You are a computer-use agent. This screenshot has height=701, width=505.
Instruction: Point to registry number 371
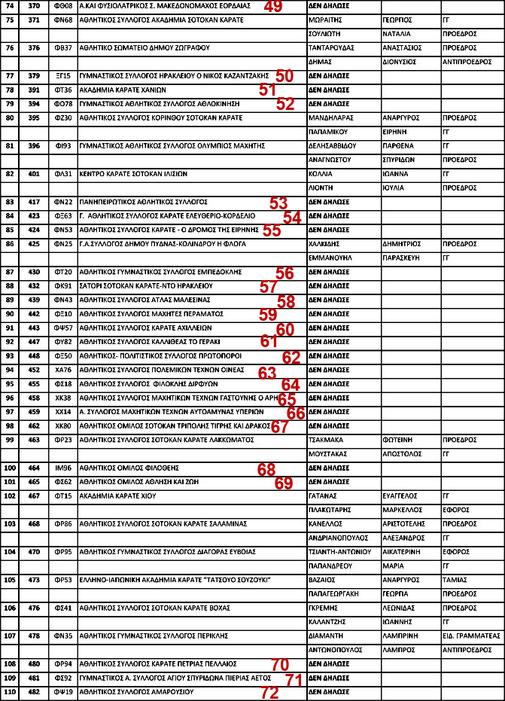pos(34,19)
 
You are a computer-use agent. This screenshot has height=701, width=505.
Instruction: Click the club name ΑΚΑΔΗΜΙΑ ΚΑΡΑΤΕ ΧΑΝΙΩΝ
pos(111,90)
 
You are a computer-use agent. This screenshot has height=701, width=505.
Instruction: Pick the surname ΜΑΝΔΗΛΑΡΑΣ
pos(331,118)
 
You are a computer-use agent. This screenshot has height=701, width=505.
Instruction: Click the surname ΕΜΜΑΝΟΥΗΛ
pos(330,258)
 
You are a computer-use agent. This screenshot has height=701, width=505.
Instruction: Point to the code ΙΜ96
pos(63,468)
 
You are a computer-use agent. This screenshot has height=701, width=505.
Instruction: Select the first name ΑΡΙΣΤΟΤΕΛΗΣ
pos(405,523)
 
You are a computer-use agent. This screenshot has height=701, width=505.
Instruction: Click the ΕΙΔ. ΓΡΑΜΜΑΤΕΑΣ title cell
pos(472,635)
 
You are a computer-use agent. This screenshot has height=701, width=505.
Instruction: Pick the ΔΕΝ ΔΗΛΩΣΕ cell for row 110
pos(329,691)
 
